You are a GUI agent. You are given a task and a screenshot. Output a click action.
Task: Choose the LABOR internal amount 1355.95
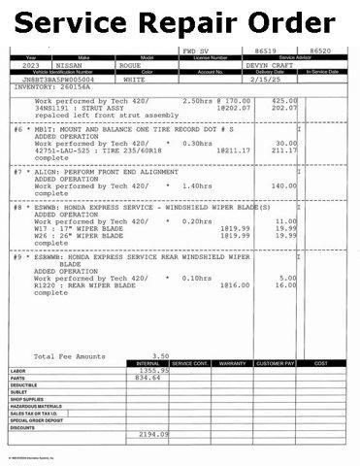pyautogui.click(x=154, y=371)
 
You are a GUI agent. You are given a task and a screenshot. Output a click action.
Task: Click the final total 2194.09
pyautogui.click(x=154, y=434)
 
